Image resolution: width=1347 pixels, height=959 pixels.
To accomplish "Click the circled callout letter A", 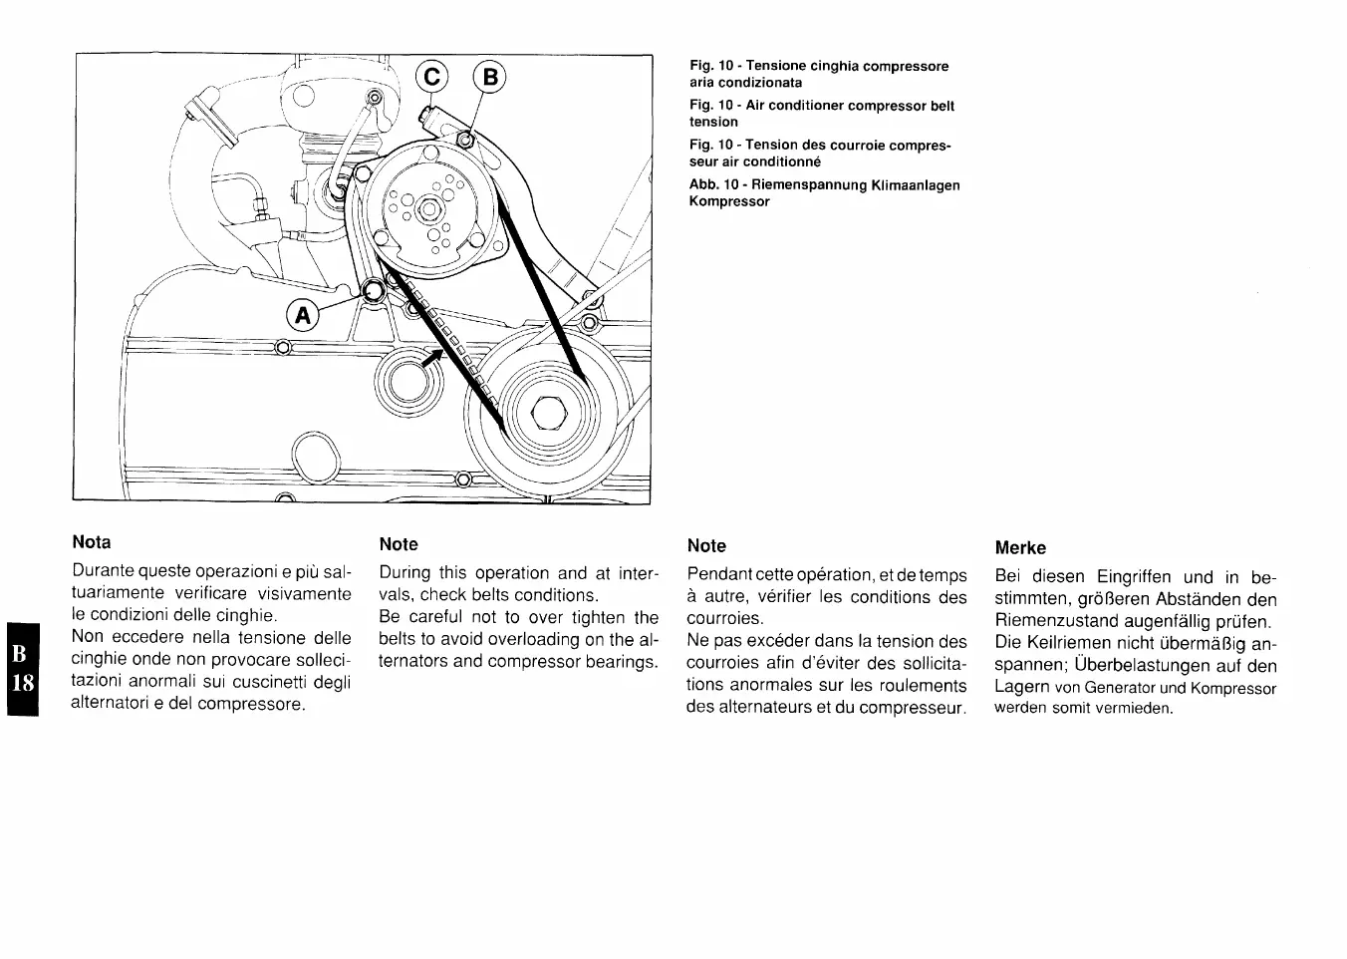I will coord(302,316).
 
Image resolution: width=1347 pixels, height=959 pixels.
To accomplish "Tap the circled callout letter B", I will coord(491,77).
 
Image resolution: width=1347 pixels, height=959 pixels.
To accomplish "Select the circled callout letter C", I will coord(434,77).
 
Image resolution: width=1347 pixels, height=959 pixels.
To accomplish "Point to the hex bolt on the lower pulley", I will coord(549,413).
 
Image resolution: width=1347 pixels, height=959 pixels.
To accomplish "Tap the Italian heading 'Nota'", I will coord(92,542).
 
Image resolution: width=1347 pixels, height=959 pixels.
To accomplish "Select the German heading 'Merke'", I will coord(1020,547).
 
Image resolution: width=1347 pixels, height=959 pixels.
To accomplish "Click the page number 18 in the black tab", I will coord(21,683).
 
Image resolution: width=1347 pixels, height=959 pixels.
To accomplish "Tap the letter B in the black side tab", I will coord(20,653).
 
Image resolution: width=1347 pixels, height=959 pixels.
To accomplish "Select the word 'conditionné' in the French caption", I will coord(782,161).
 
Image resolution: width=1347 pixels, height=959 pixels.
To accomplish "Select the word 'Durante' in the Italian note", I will coord(103,571).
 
